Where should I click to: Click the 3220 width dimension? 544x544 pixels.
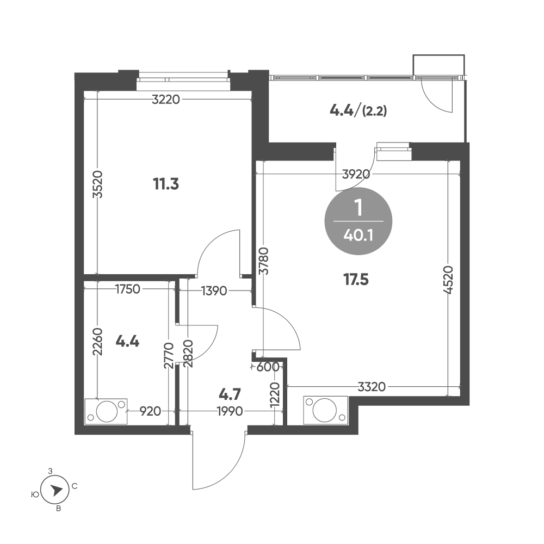pyautogui.click(x=166, y=100)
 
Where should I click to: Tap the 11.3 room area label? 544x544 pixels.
pyautogui.click(x=166, y=184)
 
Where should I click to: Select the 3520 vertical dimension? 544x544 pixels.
pyautogui.click(x=98, y=184)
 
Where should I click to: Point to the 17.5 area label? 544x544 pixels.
pyautogui.click(x=356, y=279)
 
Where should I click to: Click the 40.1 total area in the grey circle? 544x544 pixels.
pyautogui.click(x=358, y=236)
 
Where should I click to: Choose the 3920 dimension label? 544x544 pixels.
pyautogui.click(x=356, y=174)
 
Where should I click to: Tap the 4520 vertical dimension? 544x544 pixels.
pyautogui.click(x=448, y=280)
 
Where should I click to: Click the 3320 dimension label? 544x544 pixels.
pyautogui.click(x=372, y=386)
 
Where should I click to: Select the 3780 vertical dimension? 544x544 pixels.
pyautogui.click(x=264, y=261)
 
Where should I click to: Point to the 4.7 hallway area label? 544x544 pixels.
pyautogui.click(x=230, y=394)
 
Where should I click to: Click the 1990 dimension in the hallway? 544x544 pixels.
pyautogui.click(x=230, y=411)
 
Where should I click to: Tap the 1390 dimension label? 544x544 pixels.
pyautogui.click(x=214, y=290)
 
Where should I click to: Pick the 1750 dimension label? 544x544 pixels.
pyautogui.click(x=128, y=289)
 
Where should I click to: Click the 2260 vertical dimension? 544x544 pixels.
pyautogui.click(x=98, y=342)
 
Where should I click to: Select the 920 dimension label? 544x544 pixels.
pyautogui.click(x=150, y=411)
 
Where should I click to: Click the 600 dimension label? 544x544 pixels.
pyautogui.click(x=268, y=367)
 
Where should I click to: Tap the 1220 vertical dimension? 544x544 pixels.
pyautogui.click(x=275, y=395)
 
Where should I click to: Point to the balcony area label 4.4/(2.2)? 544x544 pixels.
pyautogui.click(x=358, y=111)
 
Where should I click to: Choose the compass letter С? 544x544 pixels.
pyautogui.click(x=75, y=486)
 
